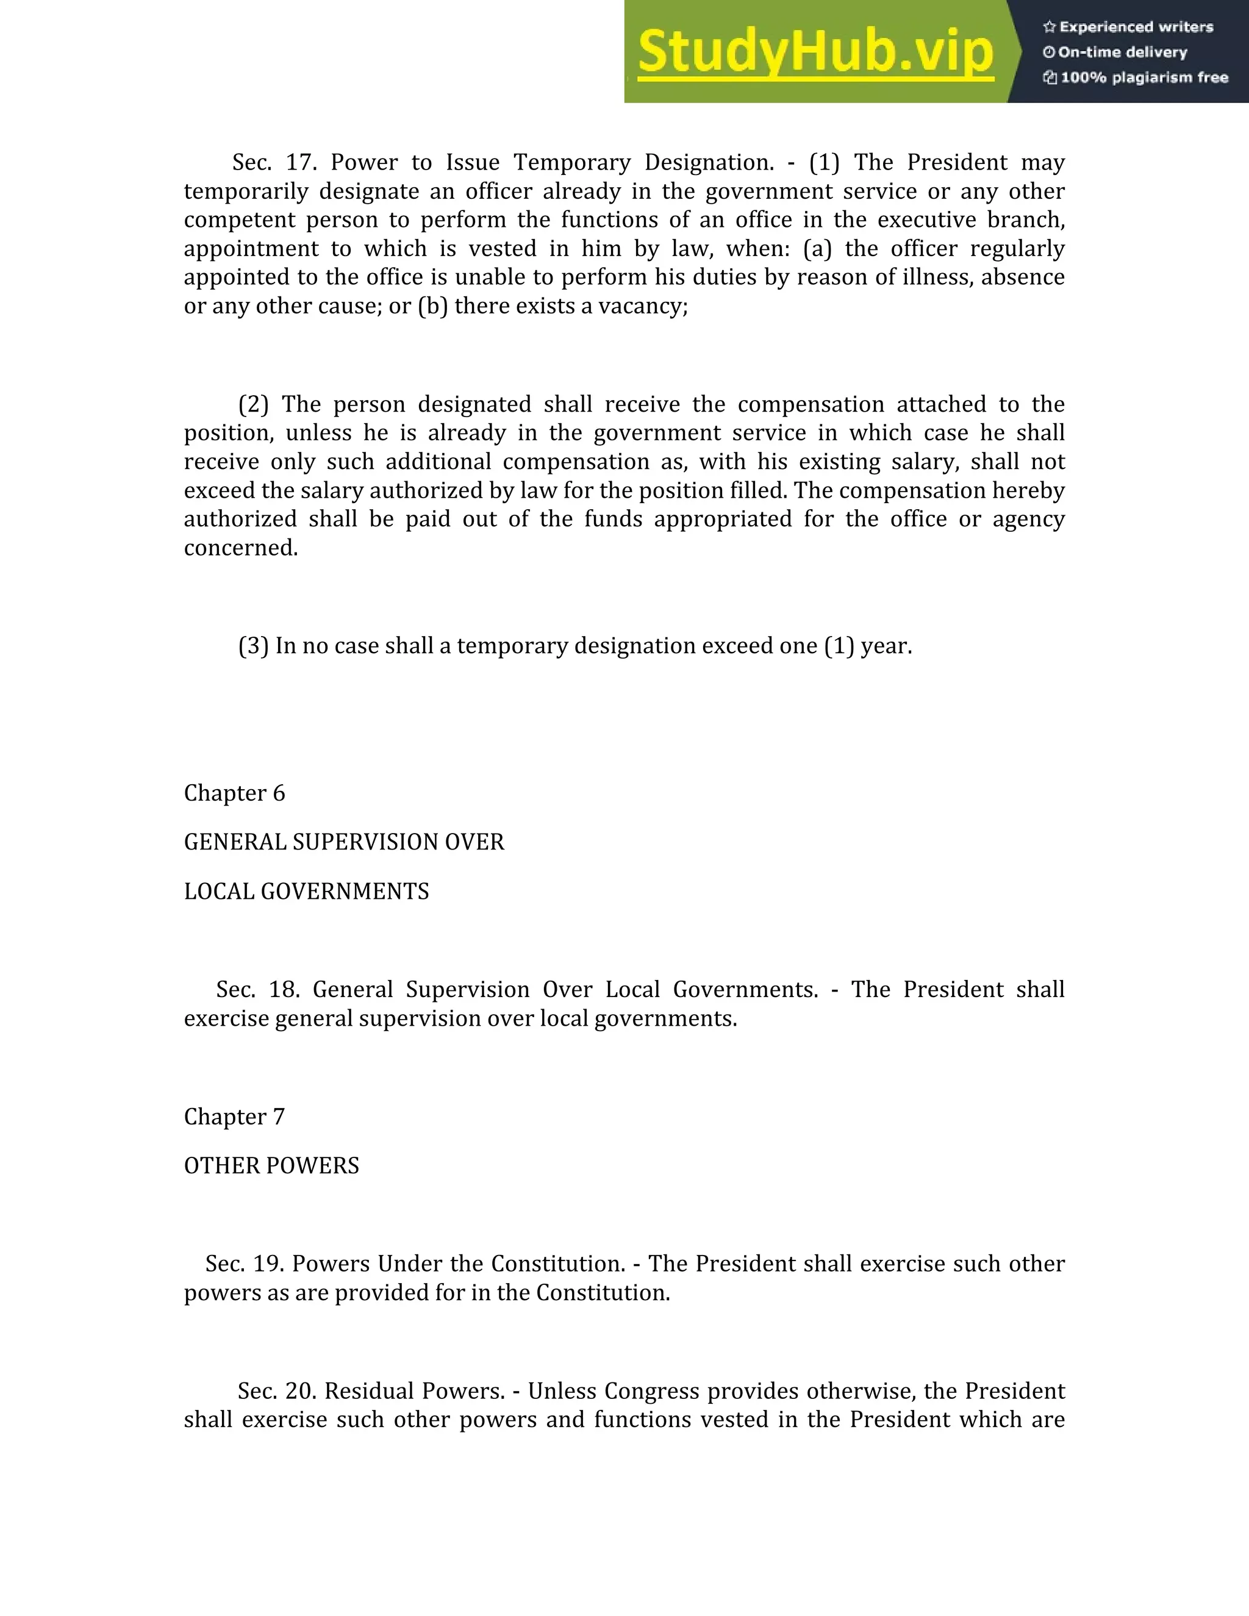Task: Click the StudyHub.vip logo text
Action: (x=815, y=52)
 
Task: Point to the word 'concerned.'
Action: (x=240, y=548)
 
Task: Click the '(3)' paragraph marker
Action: (x=253, y=646)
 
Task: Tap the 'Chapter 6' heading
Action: (x=234, y=793)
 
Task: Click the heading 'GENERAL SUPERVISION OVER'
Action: (x=343, y=842)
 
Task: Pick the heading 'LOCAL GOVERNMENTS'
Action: (x=306, y=892)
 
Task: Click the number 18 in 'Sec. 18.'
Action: (x=284, y=989)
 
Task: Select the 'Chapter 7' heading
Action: (x=234, y=1117)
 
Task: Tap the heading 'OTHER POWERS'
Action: (x=271, y=1166)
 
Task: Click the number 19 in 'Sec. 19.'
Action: (x=268, y=1264)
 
